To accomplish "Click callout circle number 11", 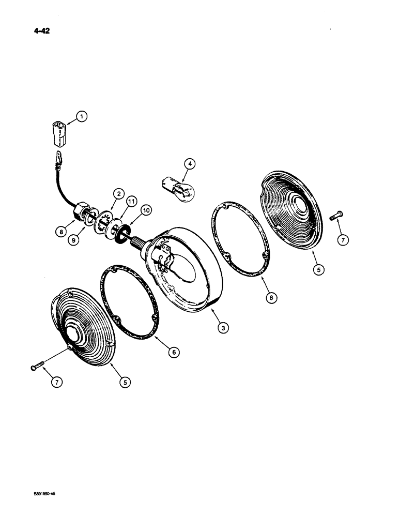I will [x=131, y=201].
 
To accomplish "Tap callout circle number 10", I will [x=146, y=210].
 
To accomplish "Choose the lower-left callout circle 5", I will [x=126, y=383].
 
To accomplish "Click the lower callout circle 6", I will [x=174, y=352].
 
